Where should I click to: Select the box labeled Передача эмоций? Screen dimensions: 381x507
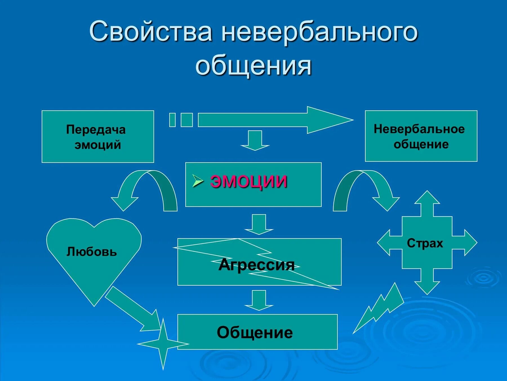(98, 137)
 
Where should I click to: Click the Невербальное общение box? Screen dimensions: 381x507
(421, 136)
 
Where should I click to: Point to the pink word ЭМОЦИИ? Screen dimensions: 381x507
(248, 181)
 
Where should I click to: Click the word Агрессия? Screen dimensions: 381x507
(256, 265)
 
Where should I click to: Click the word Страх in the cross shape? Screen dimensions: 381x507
(425, 243)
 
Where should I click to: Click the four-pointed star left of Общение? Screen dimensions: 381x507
(163, 344)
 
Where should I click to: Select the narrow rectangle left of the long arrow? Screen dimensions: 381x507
(172, 120)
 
